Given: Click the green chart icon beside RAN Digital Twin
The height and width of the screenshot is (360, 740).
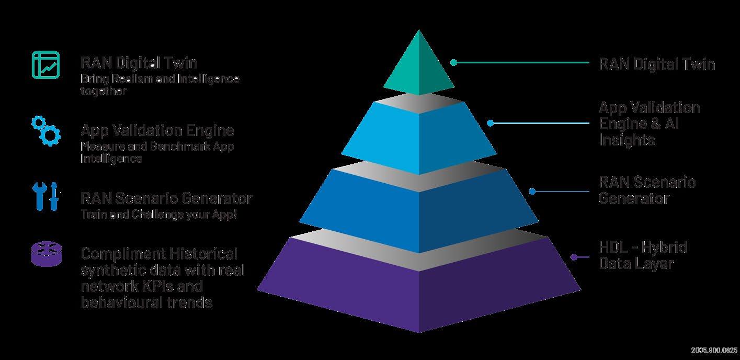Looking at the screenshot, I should tap(45, 66).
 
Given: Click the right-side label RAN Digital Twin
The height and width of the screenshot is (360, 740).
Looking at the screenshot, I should tap(656, 64).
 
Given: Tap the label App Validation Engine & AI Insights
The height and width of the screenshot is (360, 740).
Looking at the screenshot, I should tap(648, 123).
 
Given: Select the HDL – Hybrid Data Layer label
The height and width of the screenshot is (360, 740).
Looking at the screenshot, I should tap(642, 255).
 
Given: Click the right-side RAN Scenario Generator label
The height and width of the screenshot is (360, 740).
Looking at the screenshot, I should tap(646, 190).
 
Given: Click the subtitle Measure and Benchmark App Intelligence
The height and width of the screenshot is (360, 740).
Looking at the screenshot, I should tap(157, 152).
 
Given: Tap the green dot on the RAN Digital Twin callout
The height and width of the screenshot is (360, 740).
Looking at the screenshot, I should tap(454, 62).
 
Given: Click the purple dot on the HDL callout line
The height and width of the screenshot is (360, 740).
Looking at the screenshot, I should tap(574, 257).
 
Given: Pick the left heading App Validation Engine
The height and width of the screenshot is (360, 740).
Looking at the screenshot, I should tap(157, 130).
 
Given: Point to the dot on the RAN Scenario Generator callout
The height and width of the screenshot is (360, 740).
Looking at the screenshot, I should tap(532, 192).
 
